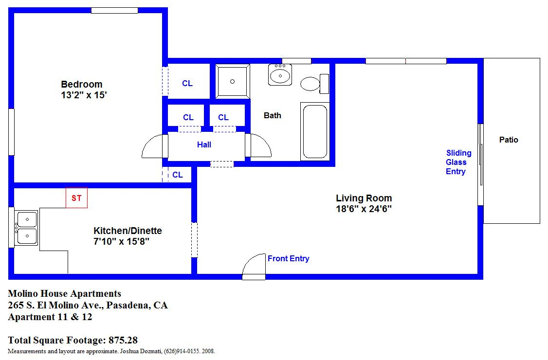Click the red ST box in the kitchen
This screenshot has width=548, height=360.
pos(76,198)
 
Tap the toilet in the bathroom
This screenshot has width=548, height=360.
pos(314,84)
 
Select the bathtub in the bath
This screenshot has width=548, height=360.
pos(315,131)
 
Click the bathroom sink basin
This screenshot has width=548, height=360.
pos(280,75)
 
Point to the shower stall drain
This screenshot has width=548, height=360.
pos(233,81)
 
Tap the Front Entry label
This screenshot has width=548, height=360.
pos(288,259)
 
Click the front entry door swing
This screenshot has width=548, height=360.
pos(254,266)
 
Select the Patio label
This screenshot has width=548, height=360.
pos(509,140)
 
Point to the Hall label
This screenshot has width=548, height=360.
pos(204,144)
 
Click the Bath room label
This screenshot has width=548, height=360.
pos(272,115)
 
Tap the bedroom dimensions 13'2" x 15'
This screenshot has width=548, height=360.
pos(84,95)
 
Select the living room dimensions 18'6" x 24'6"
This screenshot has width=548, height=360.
pos(364,209)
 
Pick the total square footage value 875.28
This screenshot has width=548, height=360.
pos(123,340)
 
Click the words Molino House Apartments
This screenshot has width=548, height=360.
pos(65,293)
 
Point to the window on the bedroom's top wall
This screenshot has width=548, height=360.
pos(115,11)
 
